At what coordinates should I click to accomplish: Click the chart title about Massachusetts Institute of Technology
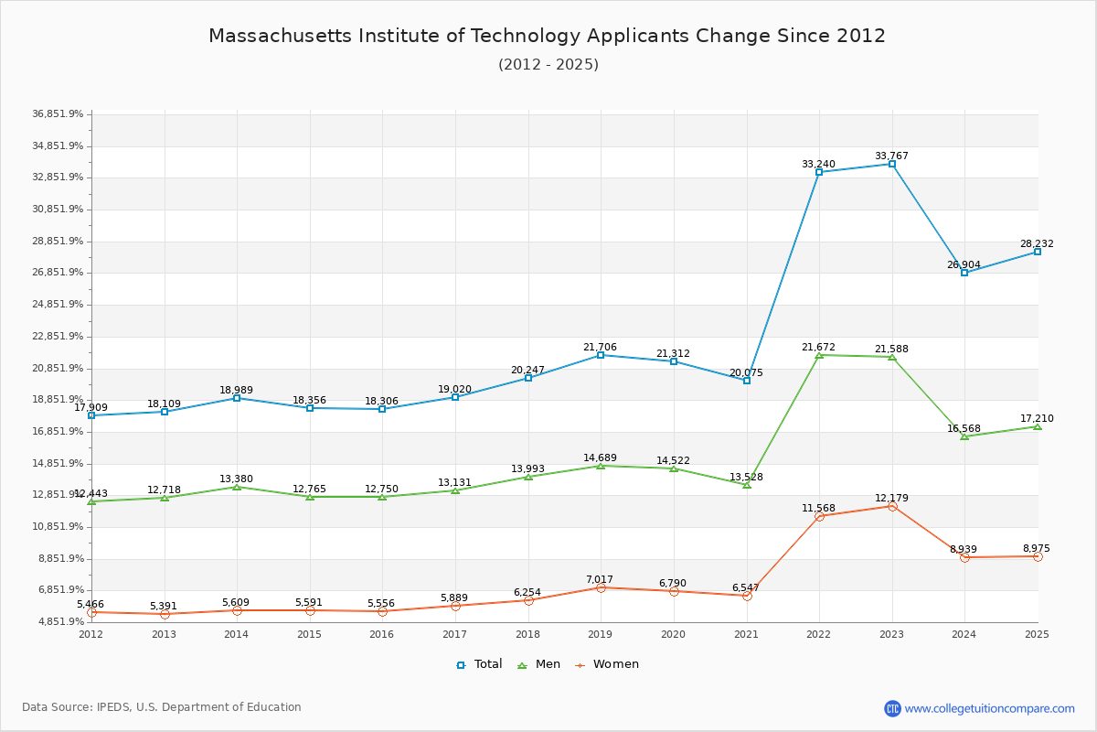point(547,36)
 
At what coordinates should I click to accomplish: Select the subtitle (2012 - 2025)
point(548,65)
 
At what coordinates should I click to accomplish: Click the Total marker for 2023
point(892,164)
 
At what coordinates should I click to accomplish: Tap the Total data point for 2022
point(819,172)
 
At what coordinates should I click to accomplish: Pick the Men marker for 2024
point(964,436)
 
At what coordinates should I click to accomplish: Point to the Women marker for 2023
point(892,506)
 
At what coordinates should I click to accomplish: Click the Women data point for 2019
point(601,587)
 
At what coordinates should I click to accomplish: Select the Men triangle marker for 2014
point(237,487)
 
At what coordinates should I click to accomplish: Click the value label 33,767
point(891,156)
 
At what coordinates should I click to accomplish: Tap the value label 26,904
point(964,265)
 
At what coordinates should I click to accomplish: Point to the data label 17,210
point(1037,419)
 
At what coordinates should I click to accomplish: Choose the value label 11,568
point(819,509)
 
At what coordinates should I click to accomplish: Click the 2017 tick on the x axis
point(455,634)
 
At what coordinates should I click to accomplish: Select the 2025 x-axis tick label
point(1037,634)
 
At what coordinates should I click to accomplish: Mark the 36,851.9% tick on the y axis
point(58,114)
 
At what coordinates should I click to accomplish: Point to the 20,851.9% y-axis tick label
point(58,368)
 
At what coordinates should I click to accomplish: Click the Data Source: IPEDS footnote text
point(162,707)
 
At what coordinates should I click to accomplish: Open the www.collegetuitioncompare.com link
point(989,708)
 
